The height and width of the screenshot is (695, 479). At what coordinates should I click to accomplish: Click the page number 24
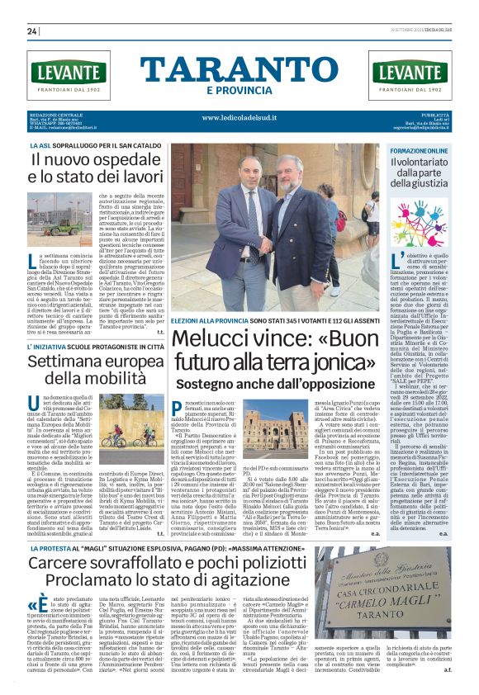[x=31, y=31]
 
